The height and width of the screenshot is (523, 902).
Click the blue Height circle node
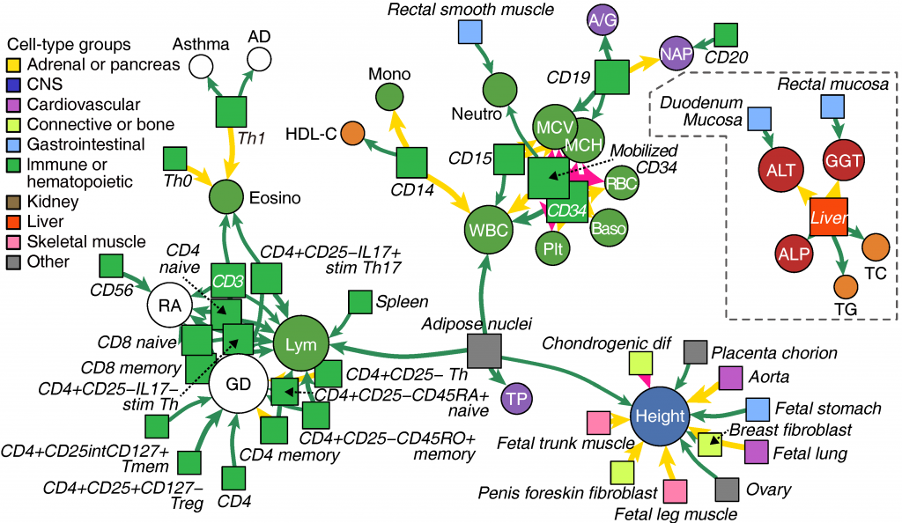pos(661,416)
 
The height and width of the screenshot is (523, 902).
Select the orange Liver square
pos(828,217)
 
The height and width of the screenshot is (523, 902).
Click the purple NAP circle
pos(675,52)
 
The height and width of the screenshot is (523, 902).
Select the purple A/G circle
pos(603,19)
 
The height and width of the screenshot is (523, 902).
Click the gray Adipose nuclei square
pos(484,350)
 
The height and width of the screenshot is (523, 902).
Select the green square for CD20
pos(727,34)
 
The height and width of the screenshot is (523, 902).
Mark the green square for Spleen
pos(360,302)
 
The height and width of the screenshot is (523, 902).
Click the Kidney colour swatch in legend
pos(13,203)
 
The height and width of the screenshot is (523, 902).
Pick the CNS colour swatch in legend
pos(13,85)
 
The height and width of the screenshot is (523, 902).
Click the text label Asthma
pos(201,43)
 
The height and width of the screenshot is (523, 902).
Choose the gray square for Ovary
pos(727,489)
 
